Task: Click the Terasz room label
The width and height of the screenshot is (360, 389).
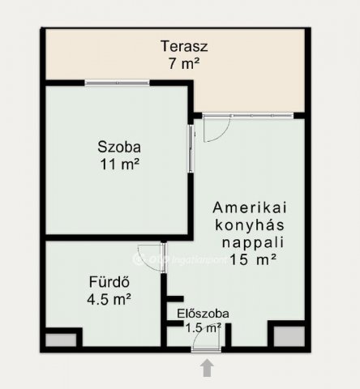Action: [x=184, y=46]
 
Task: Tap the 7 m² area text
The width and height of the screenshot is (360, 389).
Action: [x=184, y=63]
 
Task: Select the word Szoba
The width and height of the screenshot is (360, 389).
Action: [x=119, y=147]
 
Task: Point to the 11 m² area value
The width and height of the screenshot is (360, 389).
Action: [x=120, y=164]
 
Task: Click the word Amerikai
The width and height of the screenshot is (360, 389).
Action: [x=250, y=207]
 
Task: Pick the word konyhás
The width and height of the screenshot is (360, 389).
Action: [x=250, y=224]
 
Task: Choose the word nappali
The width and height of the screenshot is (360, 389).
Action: [x=253, y=242]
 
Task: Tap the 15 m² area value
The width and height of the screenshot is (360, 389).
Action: [x=253, y=259]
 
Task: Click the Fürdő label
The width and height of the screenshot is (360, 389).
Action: [x=109, y=282]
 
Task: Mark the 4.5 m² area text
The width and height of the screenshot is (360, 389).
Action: [x=109, y=299]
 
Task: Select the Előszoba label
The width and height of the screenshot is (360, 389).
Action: [x=203, y=314]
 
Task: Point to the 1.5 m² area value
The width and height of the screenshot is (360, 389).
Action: [x=204, y=328]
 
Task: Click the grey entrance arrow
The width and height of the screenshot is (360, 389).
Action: [x=207, y=367]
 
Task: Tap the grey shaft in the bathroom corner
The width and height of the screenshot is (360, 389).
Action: [x=61, y=340]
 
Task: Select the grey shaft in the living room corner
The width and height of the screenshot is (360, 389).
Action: [x=289, y=336]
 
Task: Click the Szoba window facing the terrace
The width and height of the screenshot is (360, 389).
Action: [x=117, y=83]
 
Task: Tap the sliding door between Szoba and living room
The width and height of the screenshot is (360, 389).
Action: [x=191, y=148]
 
